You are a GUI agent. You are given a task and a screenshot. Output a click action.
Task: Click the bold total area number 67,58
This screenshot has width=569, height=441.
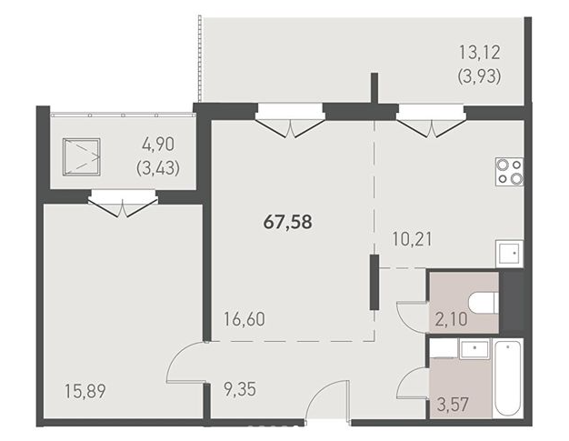click(x=288, y=222)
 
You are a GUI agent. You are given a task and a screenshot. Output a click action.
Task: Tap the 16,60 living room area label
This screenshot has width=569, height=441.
click(x=245, y=319)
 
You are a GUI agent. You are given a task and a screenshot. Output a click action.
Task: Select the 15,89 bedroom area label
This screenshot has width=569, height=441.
click(x=85, y=391)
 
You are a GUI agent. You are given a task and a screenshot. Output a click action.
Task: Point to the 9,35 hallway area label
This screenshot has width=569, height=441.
click(x=240, y=389)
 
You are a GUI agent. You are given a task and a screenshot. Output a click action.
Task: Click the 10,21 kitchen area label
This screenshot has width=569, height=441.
click(x=413, y=239)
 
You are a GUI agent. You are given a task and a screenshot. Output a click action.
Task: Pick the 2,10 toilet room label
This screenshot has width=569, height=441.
click(x=451, y=320)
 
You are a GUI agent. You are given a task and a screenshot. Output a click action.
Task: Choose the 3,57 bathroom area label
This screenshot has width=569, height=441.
click(x=453, y=405)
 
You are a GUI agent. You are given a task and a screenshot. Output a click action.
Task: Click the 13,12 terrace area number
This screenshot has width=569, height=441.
click(x=480, y=52)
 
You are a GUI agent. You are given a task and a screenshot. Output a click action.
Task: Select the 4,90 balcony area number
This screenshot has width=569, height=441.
click(x=158, y=145)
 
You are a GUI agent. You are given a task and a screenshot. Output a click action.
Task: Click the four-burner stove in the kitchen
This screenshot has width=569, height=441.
click(x=510, y=172)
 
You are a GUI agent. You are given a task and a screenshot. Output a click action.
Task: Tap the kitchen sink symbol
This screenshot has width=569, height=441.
click(x=510, y=254)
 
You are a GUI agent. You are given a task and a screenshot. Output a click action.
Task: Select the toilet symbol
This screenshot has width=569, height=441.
click(x=483, y=302)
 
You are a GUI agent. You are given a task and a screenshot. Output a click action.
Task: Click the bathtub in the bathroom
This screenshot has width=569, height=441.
click(x=508, y=378)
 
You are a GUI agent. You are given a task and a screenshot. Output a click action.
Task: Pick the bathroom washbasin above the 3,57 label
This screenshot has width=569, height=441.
click(x=474, y=348)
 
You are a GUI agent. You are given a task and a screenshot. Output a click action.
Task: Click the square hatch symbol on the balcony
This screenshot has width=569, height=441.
click(x=81, y=156)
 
